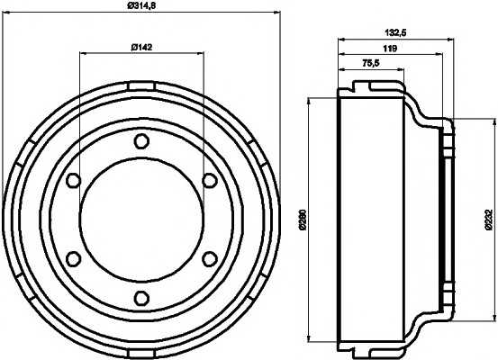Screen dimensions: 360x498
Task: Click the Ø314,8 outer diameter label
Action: [140, 8]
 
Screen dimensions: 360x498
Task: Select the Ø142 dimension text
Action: [140, 47]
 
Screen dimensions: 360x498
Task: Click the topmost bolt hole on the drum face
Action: [140, 141]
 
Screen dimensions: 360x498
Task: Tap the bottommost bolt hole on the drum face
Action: [140, 299]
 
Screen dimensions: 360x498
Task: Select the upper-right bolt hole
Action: [209, 181]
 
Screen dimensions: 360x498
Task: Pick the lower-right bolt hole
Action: [209, 259]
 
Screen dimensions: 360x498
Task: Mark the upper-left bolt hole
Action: [72, 181]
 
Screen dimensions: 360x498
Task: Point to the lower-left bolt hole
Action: [72, 259]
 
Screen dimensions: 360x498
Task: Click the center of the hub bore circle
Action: [140, 220]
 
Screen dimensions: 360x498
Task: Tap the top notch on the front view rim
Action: [140, 85]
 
